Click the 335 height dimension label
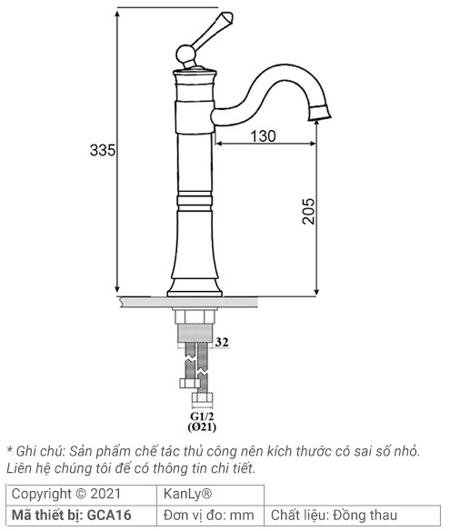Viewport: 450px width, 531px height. point(103,151)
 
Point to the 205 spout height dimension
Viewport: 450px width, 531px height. point(308,211)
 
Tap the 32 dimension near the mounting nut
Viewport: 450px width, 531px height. point(221,344)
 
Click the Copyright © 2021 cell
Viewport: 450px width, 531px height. point(65,494)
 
